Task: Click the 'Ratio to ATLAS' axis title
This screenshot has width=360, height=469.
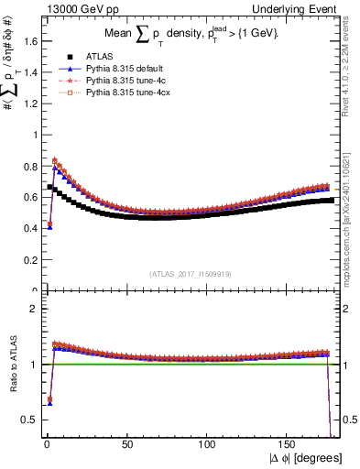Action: click(x=10, y=366)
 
